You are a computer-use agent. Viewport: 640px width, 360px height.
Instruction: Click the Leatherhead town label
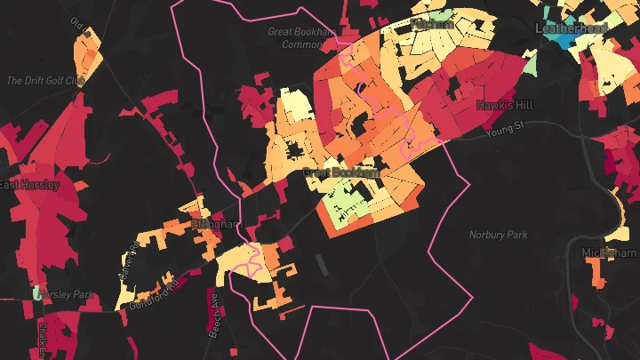tap(572, 28)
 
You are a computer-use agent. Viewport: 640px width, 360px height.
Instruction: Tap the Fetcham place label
tap(433, 25)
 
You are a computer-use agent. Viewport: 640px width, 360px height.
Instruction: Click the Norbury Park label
tap(498, 236)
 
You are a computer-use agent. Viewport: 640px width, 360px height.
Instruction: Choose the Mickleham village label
tap(610, 253)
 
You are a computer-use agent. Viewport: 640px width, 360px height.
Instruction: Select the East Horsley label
tap(29, 185)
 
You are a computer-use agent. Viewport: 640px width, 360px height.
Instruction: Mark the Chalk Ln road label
tap(42, 342)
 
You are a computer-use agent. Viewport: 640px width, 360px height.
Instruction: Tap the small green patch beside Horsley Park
tap(37, 292)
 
